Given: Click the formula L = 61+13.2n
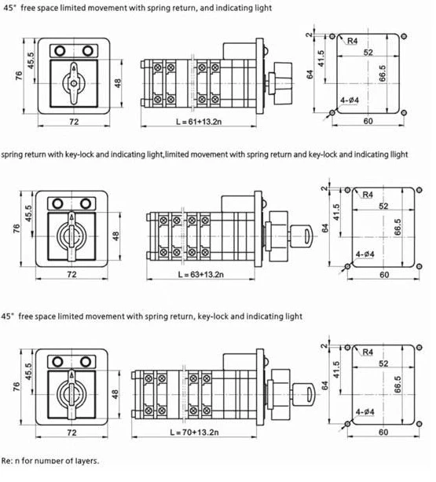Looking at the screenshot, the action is (199, 122).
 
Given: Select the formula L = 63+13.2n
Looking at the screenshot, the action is (201, 274).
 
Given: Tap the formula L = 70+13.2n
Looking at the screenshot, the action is (195, 433).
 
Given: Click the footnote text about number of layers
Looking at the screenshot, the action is (50, 461).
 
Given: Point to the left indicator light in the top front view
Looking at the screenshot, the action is (60, 51).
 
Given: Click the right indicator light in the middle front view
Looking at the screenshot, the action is (85, 203).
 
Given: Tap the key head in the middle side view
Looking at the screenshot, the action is (301, 236).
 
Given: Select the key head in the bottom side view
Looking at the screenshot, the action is (304, 394).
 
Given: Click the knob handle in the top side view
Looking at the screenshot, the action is (283, 82).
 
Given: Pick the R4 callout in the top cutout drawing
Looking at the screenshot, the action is (352, 41).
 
